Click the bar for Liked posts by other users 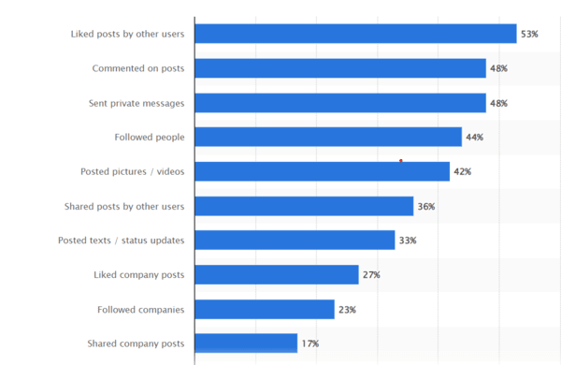coord(355,34)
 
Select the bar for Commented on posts coord(340,68)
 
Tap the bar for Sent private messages coord(340,103)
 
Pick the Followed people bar coord(328,138)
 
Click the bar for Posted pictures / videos coord(322,172)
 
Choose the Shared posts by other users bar coord(304,206)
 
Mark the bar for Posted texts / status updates coord(295,241)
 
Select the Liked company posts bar coord(277,274)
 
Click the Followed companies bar coord(265,309)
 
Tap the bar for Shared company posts coord(246,343)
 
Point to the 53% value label coord(530,35)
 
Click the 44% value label coord(475,138)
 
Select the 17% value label coord(310,344)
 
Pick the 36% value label coord(426,207)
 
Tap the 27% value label coord(372,275)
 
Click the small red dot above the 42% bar coord(401,161)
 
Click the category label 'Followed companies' coord(140,309)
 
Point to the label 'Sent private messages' coord(137,103)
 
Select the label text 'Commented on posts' coord(138,68)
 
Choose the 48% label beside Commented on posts coord(499,69)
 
